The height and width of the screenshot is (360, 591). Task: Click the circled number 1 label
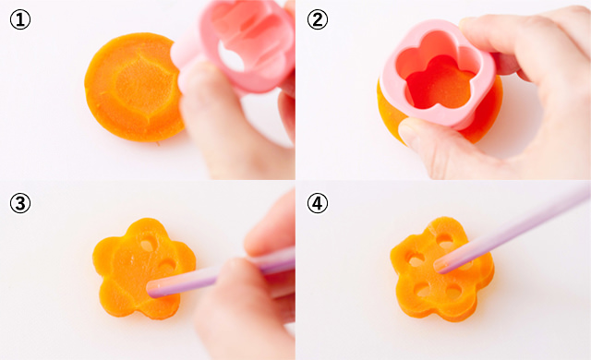(x=18, y=18)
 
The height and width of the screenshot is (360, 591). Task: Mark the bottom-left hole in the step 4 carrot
(x=423, y=289)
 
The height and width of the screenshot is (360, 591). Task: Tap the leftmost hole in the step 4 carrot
(x=416, y=261)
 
